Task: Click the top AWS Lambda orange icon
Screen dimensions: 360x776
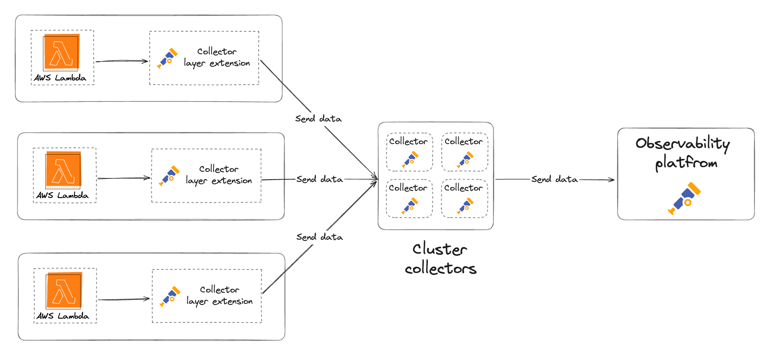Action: [x=61, y=52]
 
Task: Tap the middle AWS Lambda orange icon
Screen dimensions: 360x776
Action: [x=63, y=169]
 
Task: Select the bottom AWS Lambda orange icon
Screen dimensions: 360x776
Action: [x=64, y=290]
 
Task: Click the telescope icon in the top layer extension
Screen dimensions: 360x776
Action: [x=167, y=58]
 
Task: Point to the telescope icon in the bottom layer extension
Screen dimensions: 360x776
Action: [x=170, y=296]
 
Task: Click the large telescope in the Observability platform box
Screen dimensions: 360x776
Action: [x=685, y=198]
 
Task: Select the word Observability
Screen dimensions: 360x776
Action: [x=682, y=144]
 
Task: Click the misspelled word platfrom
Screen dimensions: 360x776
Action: [x=686, y=162]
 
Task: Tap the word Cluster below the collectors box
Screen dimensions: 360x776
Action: [x=440, y=250]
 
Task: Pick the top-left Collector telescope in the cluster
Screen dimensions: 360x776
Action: [x=410, y=160]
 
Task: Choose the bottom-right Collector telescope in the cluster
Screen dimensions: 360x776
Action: [x=465, y=206]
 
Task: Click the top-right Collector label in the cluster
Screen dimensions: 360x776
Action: [x=463, y=141]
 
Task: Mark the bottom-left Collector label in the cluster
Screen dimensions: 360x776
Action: [x=408, y=188]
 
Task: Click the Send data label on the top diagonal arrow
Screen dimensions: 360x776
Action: [x=318, y=119]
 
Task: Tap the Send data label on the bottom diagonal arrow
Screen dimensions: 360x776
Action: [x=319, y=237]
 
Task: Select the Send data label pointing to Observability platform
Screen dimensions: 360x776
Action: [x=554, y=179]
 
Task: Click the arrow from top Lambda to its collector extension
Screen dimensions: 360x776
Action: [x=121, y=61]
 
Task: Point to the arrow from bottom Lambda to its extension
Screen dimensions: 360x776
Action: [x=123, y=299]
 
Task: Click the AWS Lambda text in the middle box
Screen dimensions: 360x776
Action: [x=62, y=195]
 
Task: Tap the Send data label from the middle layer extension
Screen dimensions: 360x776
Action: [x=319, y=179]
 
